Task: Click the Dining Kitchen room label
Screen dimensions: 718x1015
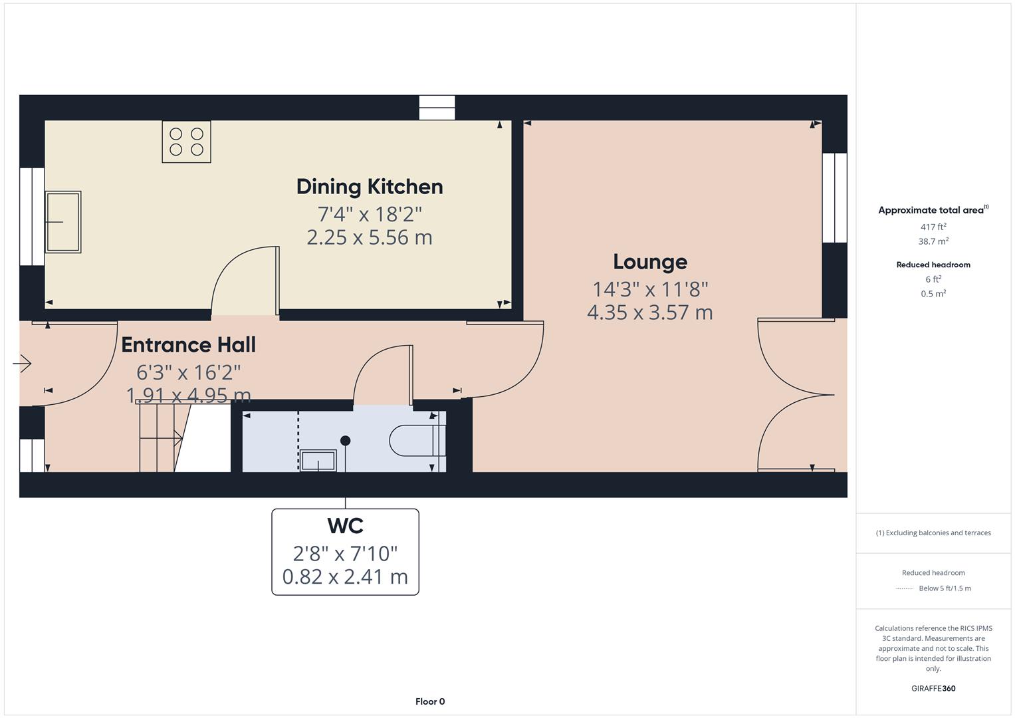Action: (370, 187)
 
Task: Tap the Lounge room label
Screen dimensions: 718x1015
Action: (649, 262)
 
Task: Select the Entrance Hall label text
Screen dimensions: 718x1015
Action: (188, 345)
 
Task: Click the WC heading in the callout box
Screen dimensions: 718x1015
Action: (345, 526)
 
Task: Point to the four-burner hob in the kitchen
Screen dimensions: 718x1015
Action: (186, 142)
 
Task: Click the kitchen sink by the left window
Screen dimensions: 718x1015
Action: (63, 222)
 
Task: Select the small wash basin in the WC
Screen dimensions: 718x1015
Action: (318, 460)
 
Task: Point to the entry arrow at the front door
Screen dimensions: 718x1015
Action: (23, 364)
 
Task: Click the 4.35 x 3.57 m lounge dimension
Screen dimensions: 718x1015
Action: (649, 312)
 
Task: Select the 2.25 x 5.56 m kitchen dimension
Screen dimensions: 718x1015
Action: (370, 237)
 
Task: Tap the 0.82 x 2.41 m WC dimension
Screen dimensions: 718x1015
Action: (345, 576)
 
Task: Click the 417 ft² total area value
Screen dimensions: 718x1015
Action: (933, 227)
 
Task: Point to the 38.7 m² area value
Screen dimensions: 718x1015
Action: (933, 241)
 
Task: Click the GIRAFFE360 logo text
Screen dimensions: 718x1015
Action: (933, 688)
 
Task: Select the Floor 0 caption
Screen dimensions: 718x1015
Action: (430, 701)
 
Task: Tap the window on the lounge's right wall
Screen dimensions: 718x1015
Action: (835, 198)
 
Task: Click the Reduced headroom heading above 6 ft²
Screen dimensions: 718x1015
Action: (933, 265)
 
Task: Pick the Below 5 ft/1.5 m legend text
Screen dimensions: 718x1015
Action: (945, 588)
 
